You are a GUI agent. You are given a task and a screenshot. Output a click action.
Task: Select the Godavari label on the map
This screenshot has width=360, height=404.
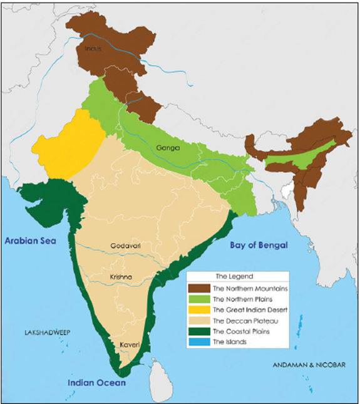pos(125,246)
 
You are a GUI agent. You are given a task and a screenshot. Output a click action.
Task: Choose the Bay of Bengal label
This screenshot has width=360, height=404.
pos(258,245)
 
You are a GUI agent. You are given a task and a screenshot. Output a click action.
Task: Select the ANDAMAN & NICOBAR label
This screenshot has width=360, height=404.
pos(308,364)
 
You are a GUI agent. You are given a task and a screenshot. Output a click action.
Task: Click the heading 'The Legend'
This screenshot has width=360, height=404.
pos(232,276)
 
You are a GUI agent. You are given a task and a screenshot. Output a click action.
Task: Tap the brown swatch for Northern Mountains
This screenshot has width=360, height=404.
pos(198,289)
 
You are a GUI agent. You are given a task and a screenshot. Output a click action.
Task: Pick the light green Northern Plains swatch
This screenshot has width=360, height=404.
pos(198,299)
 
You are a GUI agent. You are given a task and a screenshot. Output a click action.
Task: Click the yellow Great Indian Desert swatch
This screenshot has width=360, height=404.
pos(198,310)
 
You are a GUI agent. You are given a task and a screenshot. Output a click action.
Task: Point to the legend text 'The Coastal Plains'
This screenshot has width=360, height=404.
pos(240,331)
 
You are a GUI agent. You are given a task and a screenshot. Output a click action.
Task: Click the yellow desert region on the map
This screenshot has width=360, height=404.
pos(63,147)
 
